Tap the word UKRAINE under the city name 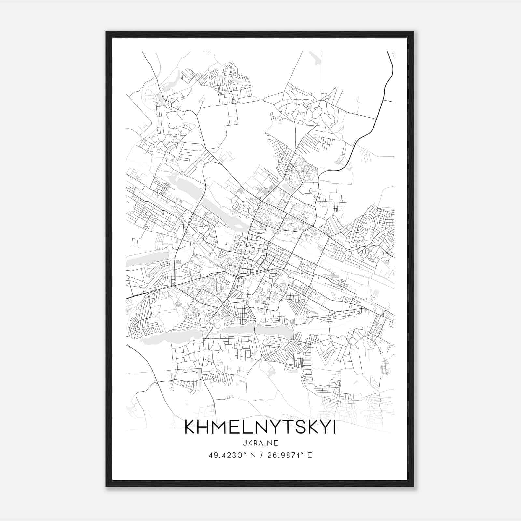[260, 443]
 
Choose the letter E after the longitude [310, 455]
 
